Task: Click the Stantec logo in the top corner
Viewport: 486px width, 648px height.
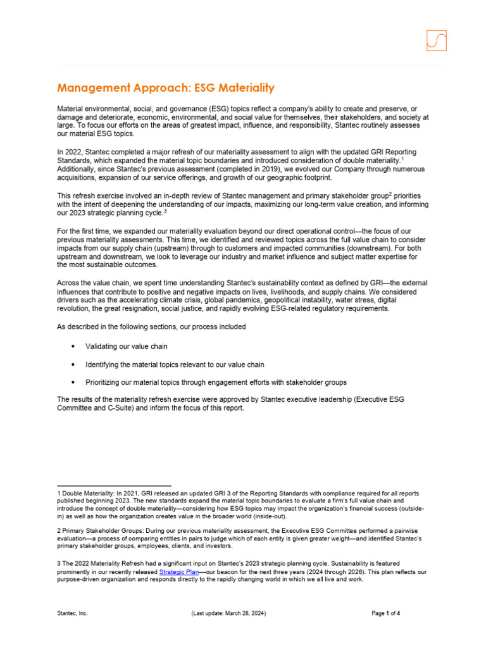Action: point(436,40)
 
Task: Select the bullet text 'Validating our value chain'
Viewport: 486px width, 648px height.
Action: point(127,347)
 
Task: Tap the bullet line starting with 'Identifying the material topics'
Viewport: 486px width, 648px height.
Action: point(175,364)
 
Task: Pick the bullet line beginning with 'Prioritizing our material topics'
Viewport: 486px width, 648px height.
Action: point(216,382)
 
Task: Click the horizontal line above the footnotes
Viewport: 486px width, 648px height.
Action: point(114,485)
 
